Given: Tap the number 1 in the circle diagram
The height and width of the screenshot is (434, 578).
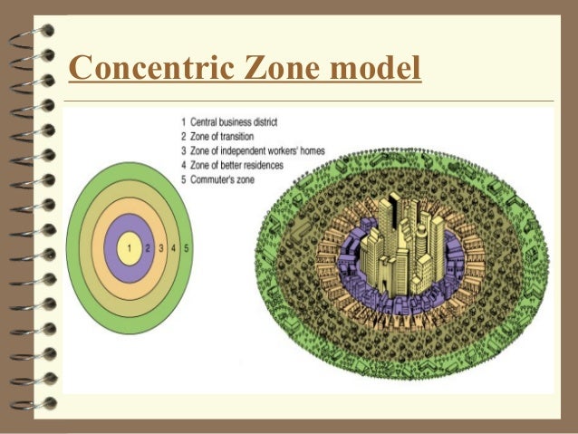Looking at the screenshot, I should (130, 247).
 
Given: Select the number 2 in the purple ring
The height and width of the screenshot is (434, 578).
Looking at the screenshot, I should (148, 247).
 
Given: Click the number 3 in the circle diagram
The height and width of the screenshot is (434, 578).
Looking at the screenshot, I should (161, 247).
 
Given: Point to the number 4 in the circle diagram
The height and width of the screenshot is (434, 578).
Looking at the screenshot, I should (174, 247).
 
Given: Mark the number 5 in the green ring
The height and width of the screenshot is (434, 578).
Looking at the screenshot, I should (186, 247).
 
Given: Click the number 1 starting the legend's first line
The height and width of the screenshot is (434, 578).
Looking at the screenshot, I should (183, 121).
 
